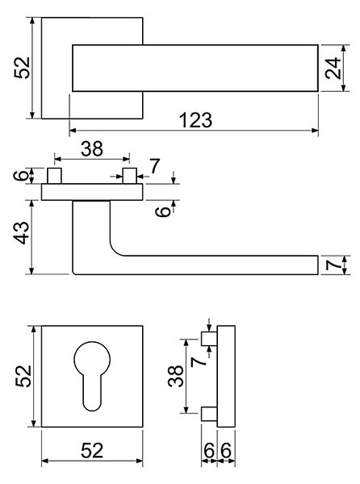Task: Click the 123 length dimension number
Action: tap(196, 119)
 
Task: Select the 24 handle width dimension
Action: tap(333, 69)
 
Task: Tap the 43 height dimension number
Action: tap(23, 232)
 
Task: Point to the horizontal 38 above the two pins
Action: tap(92, 148)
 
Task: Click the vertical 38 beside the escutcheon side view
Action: tap(176, 376)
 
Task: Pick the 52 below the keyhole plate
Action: tap(92, 450)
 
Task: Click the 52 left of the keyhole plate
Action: tap(23, 376)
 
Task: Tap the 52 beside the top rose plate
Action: tap(23, 68)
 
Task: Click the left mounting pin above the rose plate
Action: tap(54, 176)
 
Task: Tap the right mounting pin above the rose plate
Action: tap(130, 176)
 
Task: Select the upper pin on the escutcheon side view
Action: tap(209, 339)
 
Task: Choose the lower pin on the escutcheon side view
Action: tap(209, 414)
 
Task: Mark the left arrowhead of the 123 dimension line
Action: tap(73, 131)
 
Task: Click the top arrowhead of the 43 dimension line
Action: tap(31, 203)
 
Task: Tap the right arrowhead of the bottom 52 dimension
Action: tap(140, 461)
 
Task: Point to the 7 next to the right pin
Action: tap(154, 165)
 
